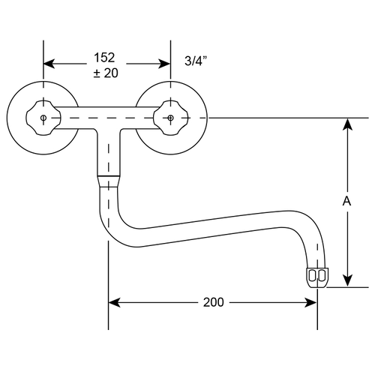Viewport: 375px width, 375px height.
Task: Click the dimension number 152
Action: (105, 57)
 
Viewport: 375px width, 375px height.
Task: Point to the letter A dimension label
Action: (346, 201)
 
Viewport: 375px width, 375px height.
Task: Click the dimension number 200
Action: (213, 302)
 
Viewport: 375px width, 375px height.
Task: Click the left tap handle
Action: (43, 118)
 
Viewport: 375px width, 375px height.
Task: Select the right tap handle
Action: (170, 118)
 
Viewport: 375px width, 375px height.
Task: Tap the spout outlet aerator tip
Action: (316, 275)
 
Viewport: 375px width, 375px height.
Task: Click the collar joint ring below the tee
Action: (109, 181)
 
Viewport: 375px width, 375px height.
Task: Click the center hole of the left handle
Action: (43, 118)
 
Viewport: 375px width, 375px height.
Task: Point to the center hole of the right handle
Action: (170, 118)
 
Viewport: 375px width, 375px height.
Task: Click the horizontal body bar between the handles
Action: (106, 118)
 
